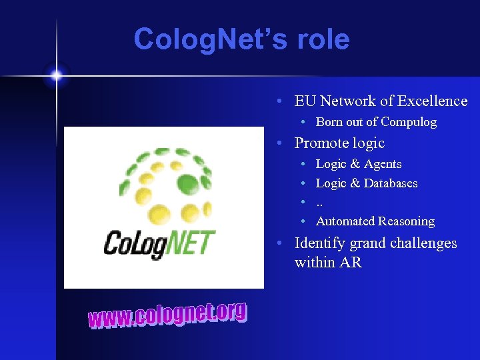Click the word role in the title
tap(323, 39)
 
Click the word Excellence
tap(433, 101)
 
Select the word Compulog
tap(409, 122)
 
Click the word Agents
tap(383, 164)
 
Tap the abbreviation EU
tap(305, 101)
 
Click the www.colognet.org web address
tap(167, 315)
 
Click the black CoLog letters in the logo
tap(133, 243)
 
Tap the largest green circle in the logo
tap(189, 183)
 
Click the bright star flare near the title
tap(56, 75)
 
